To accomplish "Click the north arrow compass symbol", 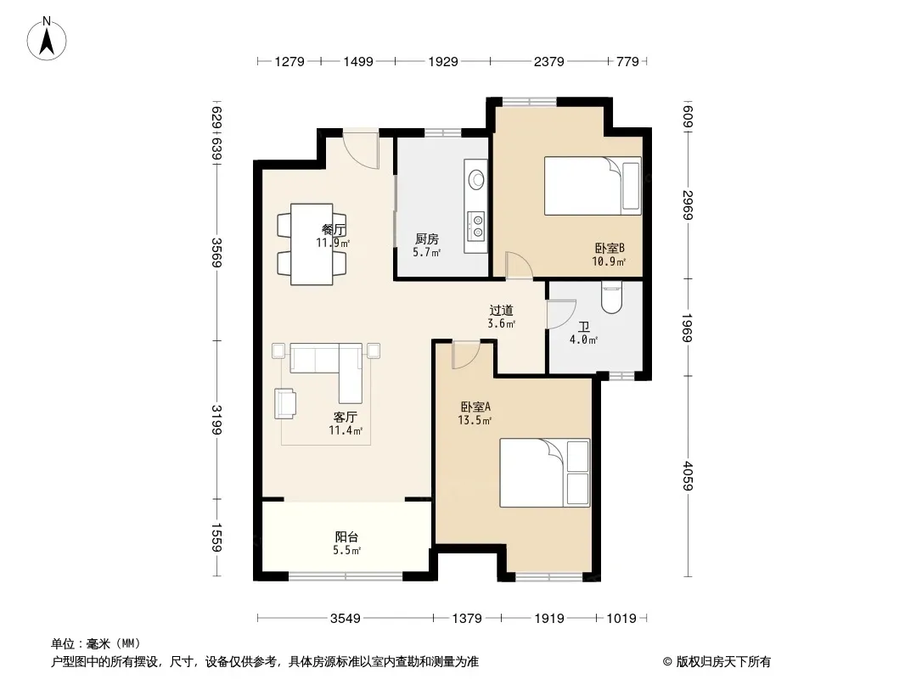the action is (x=47, y=38).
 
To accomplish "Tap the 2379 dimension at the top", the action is (x=548, y=61).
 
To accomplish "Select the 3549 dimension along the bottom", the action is (x=346, y=619).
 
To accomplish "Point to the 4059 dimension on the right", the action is (x=688, y=476).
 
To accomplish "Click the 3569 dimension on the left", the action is (x=216, y=253).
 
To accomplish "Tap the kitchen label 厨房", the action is (x=427, y=238).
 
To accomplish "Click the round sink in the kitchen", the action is (x=477, y=179).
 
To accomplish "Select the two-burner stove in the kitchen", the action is (x=477, y=225).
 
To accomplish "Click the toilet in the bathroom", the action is (x=610, y=296).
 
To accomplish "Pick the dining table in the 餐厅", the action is (x=312, y=244).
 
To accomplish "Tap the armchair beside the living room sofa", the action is (x=286, y=402).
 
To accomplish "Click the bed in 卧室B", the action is (x=593, y=186).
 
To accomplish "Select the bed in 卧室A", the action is (x=545, y=473).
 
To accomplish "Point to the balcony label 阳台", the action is (x=346, y=537).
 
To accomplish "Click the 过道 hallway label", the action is (x=501, y=311).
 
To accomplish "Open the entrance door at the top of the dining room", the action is (x=360, y=150).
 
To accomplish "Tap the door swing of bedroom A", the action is (x=465, y=355).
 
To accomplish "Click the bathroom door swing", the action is (x=561, y=314).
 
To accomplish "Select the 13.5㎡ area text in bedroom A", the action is (x=475, y=420).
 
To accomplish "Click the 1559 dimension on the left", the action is (x=216, y=537).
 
